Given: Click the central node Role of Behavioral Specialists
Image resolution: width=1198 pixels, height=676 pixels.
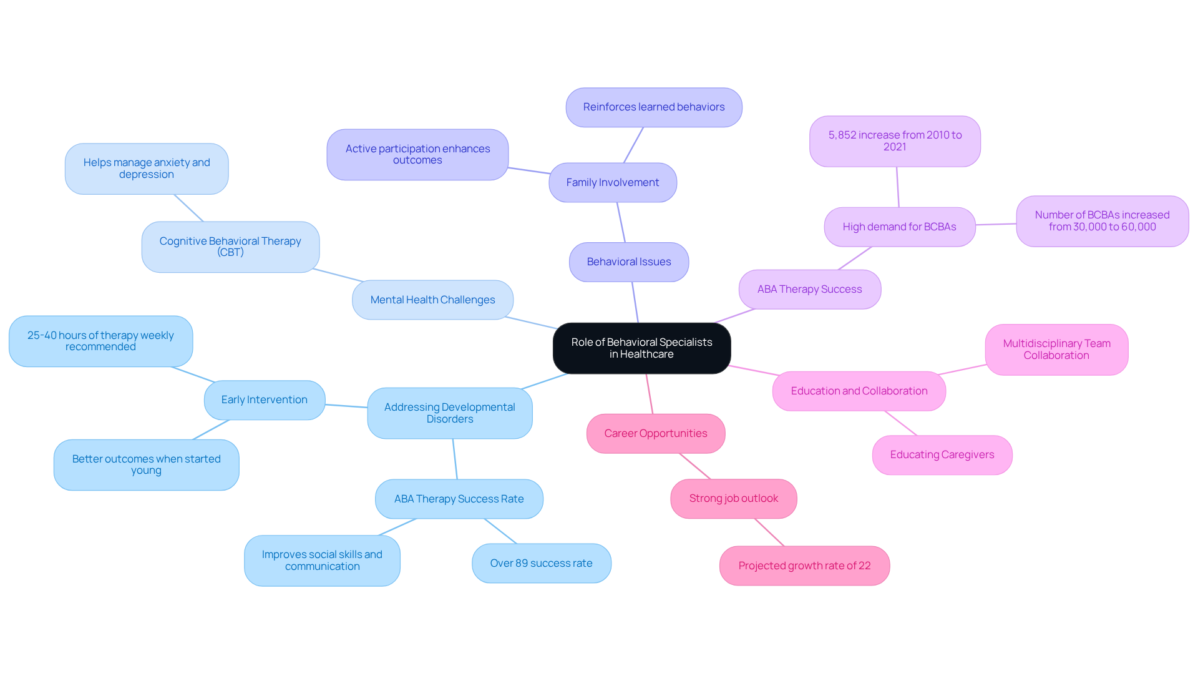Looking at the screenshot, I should click(x=641, y=348).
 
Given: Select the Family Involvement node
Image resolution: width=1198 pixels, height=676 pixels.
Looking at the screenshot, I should click(x=612, y=182).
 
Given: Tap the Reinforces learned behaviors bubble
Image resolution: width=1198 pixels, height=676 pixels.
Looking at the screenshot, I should click(x=653, y=107).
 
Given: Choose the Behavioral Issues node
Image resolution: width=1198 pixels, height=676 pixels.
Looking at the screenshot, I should click(x=628, y=262).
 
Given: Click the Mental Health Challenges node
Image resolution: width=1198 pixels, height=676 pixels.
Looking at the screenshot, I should click(x=432, y=300).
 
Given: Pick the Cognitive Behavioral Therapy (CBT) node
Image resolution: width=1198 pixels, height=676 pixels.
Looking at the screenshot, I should click(x=230, y=247).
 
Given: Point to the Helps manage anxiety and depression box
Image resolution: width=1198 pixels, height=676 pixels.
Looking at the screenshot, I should click(x=147, y=169).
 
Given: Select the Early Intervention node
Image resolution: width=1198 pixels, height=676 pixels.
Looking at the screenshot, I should click(x=264, y=400).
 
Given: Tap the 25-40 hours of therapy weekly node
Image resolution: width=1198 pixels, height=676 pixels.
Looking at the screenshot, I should click(x=100, y=341).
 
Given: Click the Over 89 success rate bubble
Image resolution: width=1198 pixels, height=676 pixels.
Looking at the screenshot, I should click(x=541, y=563).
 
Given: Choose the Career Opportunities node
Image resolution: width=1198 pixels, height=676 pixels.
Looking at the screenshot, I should click(x=655, y=433).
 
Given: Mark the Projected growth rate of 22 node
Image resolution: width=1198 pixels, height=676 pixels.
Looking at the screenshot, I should click(x=804, y=566).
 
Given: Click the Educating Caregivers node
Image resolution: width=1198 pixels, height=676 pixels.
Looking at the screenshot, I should click(x=942, y=455).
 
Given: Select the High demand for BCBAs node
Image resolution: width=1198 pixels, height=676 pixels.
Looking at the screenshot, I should click(x=899, y=227).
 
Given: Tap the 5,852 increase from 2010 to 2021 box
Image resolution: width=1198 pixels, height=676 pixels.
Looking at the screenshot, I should click(x=895, y=141).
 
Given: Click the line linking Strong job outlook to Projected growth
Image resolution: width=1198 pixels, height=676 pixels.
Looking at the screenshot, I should click(x=769, y=532).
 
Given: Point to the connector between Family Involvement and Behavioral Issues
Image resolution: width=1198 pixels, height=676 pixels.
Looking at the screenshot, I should click(x=621, y=222).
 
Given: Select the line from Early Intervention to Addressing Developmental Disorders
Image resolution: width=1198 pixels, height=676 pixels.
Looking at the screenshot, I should click(x=346, y=406).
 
